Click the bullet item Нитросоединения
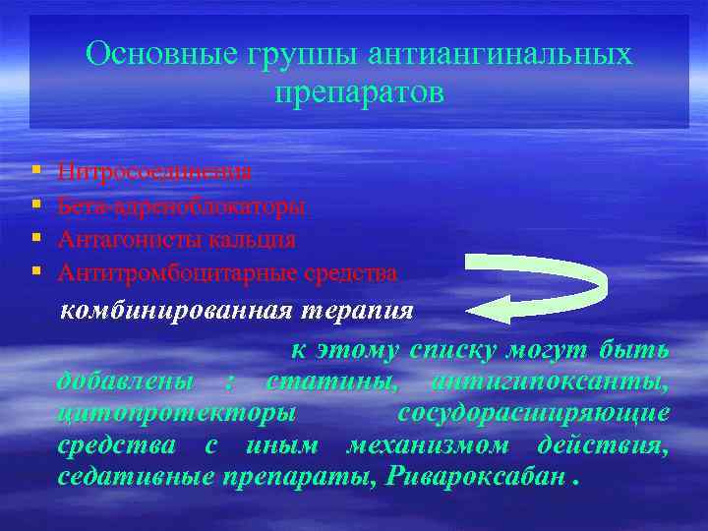[154, 172]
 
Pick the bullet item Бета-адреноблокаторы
[181, 206]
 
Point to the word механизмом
[428, 444]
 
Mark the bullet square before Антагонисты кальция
[35, 239]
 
